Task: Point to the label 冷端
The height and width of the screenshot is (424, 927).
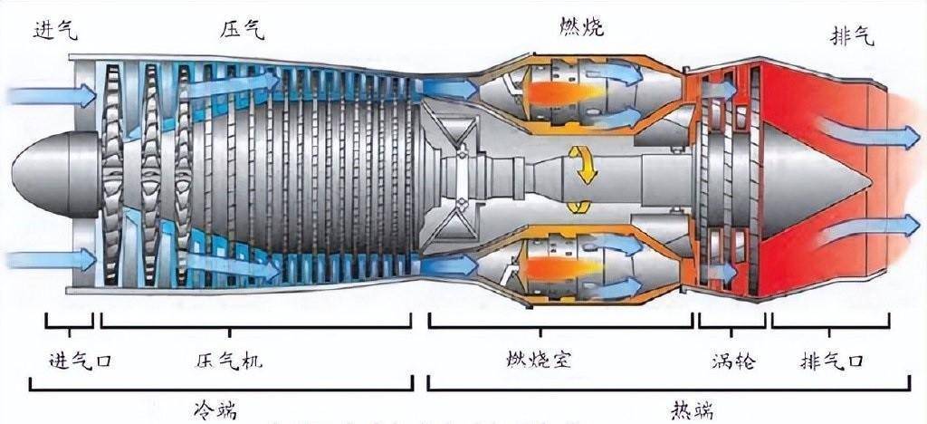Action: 215,409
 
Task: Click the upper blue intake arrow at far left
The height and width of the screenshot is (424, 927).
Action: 50,94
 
